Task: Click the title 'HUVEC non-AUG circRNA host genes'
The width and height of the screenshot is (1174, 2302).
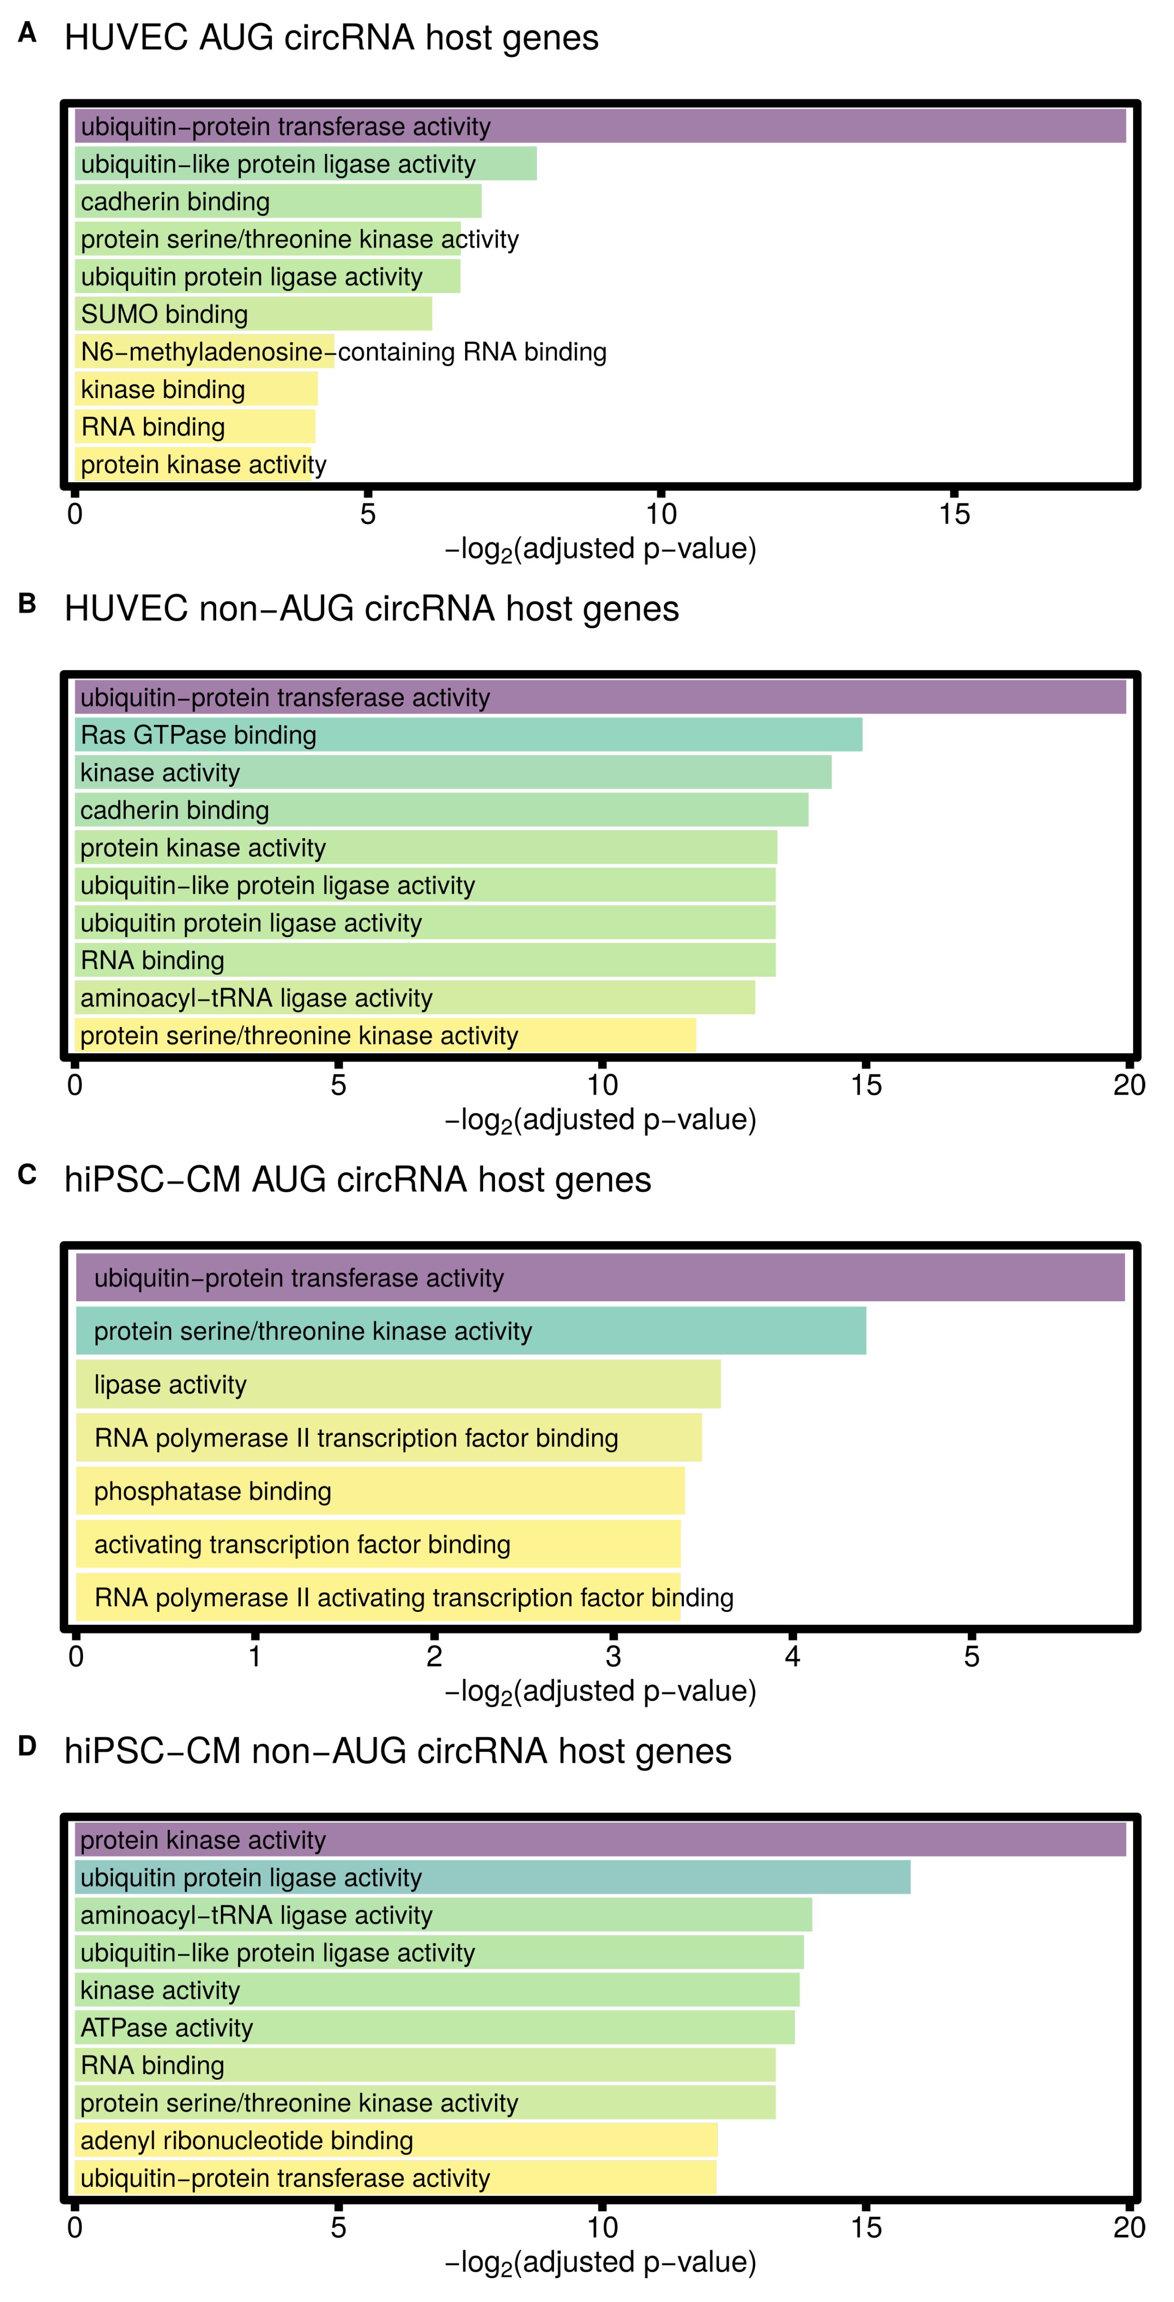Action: click(x=371, y=608)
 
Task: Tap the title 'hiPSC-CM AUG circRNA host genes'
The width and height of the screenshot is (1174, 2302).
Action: click(x=357, y=1179)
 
